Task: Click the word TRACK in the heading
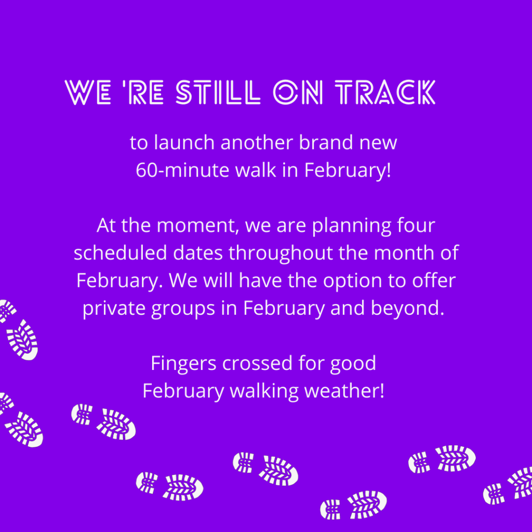(x=385, y=92)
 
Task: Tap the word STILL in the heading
(x=218, y=92)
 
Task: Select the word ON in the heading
(x=298, y=92)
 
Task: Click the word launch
(x=184, y=142)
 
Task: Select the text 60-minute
(x=183, y=170)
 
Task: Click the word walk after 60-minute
(x=256, y=169)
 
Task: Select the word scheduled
(x=121, y=253)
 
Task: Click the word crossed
(x=258, y=363)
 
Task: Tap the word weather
(x=344, y=391)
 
